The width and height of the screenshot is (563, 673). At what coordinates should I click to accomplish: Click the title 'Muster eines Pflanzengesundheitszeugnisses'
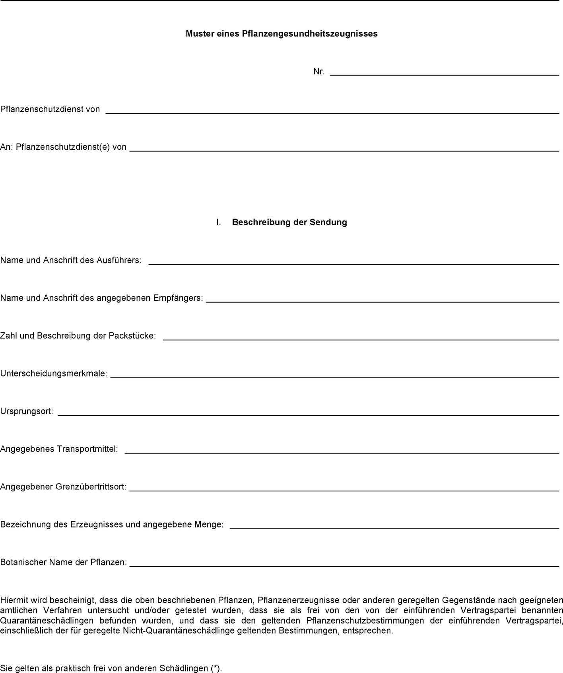(x=281, y=34)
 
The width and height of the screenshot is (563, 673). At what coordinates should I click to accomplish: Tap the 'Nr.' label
(x=319, y=72)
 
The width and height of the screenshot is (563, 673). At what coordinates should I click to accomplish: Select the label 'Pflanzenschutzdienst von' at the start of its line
(x=50, y=109)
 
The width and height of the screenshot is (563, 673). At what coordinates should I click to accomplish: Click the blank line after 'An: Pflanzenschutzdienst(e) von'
(x=344, y=151)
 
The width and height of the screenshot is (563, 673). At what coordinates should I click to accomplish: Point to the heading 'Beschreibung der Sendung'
(x=289, y=222)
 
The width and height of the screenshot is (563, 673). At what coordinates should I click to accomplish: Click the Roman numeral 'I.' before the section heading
(x=219, y=222)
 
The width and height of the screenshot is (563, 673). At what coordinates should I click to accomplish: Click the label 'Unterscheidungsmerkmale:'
(x=54, y=374)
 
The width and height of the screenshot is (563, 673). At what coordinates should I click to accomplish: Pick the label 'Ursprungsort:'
(x=27, y=412)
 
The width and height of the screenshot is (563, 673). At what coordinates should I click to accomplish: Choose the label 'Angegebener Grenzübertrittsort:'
(x=63, y=487)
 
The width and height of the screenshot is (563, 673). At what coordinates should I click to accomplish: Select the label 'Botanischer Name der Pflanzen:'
(x=64, y=563)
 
